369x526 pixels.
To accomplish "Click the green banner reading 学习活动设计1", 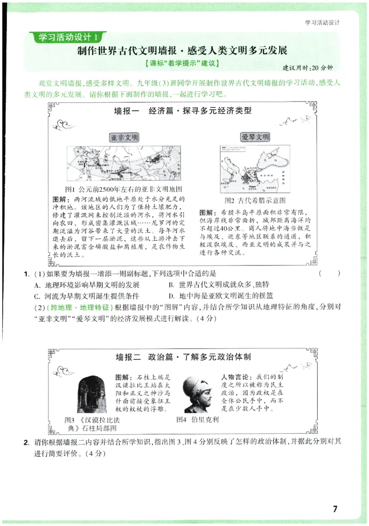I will tap(67, 36).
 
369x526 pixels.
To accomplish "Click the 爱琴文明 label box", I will tap(255, 137).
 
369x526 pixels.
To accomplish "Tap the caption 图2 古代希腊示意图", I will tap(255, 201).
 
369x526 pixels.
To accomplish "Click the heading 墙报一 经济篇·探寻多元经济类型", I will tap(183, 111).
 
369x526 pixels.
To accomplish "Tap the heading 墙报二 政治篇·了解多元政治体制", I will tap(183, 357).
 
